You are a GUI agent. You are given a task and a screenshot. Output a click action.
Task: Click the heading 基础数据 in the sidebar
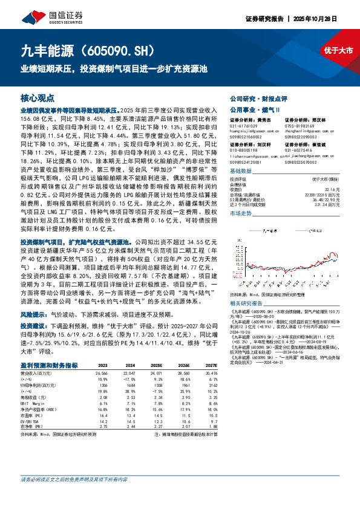244,171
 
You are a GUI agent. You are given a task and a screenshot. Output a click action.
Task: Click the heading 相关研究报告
247,302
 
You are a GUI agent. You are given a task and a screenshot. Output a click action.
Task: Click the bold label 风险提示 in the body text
35,315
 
